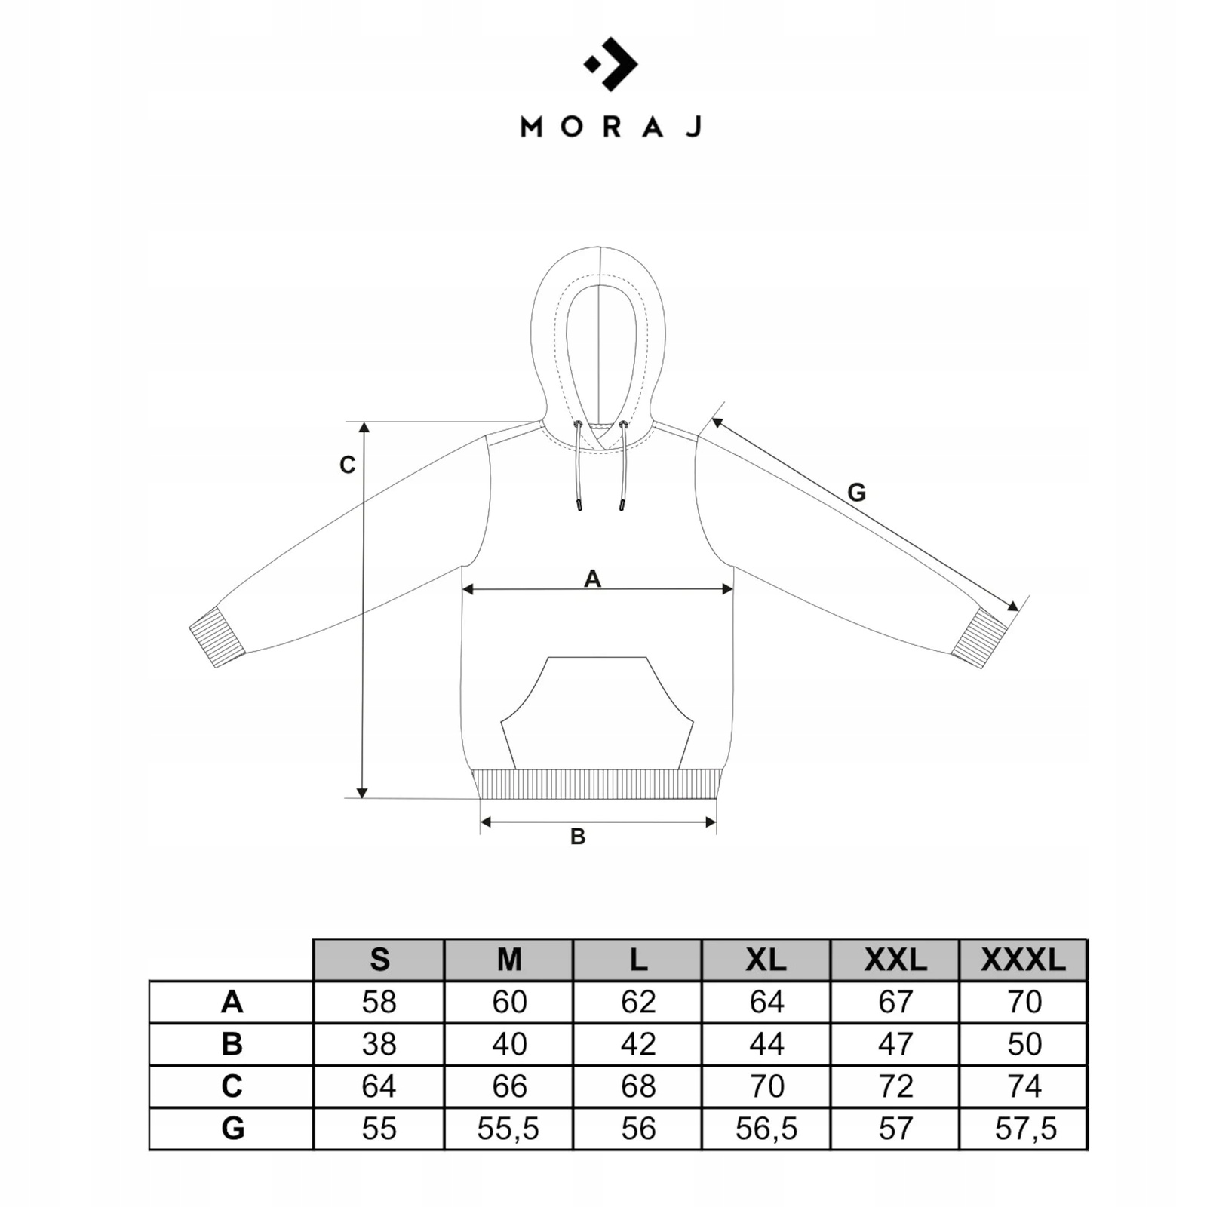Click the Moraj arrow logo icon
(x=611, y=64)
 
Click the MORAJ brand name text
(x=611, y=127)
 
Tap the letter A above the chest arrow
(x=592, y=579)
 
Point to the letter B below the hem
(x=578, y=837)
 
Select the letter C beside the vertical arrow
(x=347, y=465)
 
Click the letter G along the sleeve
(x=856, y=493)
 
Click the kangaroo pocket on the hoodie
(x=597, y=713)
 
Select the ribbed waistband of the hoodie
(x=597, y=785)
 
